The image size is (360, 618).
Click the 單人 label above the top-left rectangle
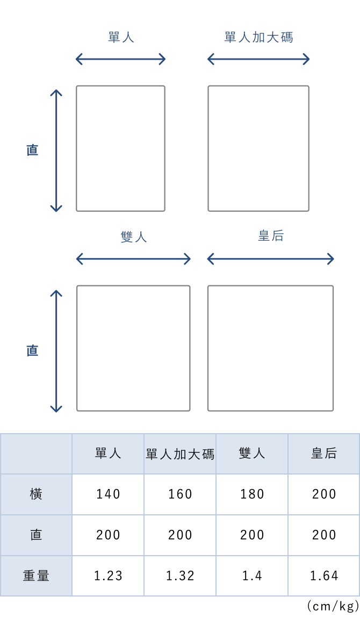point(121,38)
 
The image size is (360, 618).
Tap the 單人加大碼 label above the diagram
point(259,38)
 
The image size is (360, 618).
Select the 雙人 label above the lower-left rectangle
point(134,237)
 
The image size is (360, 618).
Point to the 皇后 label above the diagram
point(271,236)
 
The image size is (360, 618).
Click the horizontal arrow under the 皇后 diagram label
point(270,259)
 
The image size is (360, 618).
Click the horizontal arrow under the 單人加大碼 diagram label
point(258,60)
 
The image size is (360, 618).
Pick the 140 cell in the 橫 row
point(108,494)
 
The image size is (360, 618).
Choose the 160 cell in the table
point(180,494)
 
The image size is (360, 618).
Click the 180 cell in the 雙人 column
point(252,494)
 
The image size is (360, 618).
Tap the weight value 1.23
point(108,576)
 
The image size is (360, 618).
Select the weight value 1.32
point(180,576)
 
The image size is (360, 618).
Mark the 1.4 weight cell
point(252,576)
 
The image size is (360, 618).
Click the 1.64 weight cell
point(324,576)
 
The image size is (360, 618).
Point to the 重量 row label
point(36,576)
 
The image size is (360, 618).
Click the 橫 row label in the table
point(36,494)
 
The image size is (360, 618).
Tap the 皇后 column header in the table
point(324,453)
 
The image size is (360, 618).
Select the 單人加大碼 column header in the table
point(180,454)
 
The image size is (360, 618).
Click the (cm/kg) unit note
point(333,606)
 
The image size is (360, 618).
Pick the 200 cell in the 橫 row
point(324,494)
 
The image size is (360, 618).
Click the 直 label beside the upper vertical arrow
point(32,150)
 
